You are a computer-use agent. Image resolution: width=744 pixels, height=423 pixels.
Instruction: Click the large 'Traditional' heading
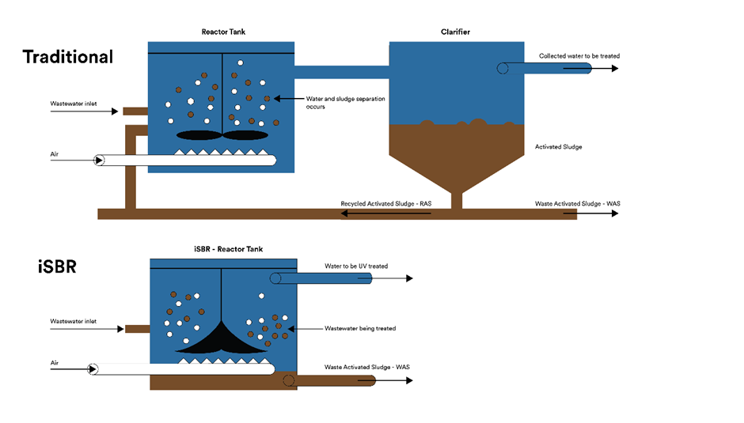point(68,57)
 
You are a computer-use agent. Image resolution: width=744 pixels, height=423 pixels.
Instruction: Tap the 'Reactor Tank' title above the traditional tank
point(222,32)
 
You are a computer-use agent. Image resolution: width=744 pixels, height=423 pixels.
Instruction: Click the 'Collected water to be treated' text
point(579,56)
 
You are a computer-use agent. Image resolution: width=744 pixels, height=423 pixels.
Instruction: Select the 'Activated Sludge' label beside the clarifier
point(558,147)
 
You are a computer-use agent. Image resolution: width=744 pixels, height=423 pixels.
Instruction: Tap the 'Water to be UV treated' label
point(356,266)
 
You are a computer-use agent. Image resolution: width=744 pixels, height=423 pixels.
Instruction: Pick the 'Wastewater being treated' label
point(360,328)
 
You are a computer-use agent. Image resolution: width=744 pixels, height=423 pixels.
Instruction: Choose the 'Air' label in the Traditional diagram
point(55,153)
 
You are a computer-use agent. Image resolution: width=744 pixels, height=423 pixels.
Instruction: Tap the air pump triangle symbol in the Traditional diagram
point(99,161)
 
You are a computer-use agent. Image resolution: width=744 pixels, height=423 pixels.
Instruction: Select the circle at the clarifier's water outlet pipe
point(503,69)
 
